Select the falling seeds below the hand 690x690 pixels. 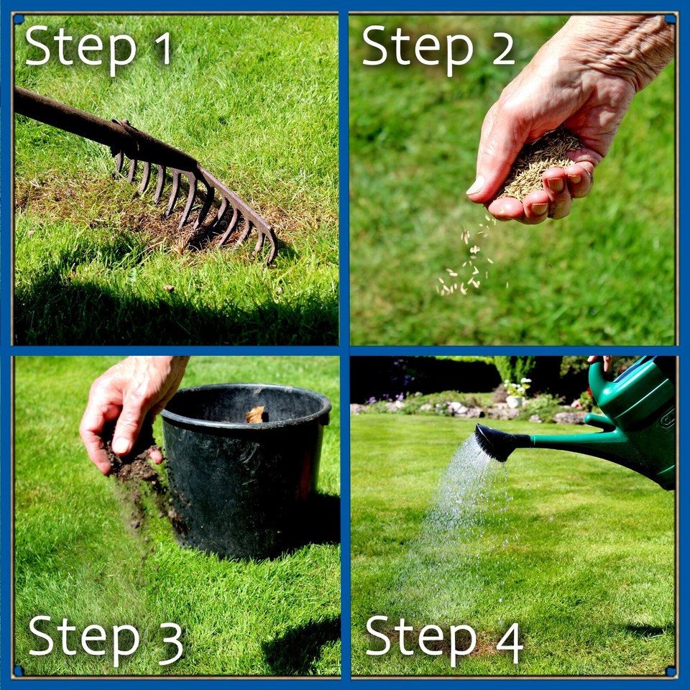pos(464,266)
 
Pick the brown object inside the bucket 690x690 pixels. pos(256,415)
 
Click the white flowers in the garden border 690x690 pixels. pos(517,388)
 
